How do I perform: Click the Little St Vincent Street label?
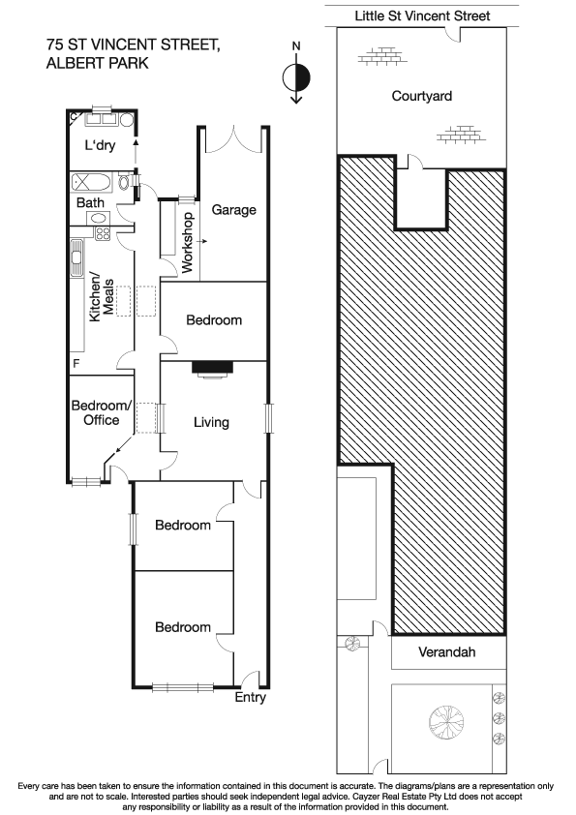pyautogui.click(x=422, y=15)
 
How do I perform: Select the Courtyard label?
pyautogui.click(x=421, y=96)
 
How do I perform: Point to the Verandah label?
pyautogui.click(x=446, y=652)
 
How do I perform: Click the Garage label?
pyautogui.click(x=234, y=209)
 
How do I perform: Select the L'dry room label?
pyautogui.click(x=100, y=146)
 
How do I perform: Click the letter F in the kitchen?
pyautogui.click(x=76, y=363)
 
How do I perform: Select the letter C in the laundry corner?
pyautogui.click(x=74, y=117)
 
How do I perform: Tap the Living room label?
pyautogui.click(x=211, y=422)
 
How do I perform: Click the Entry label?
pyautogui.click(x=250, y=697)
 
